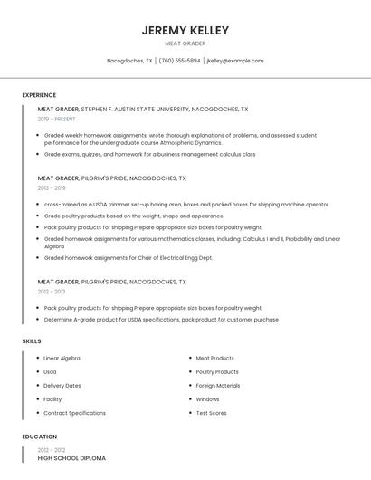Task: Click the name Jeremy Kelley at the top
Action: pos(185,30)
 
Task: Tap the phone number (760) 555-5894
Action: pos(179,61)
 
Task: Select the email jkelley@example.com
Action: pos(235,61)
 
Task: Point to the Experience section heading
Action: pos(39,95)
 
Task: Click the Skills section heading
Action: pos(32,341)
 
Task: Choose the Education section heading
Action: pos(40,437)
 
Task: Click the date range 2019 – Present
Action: pos(57,119)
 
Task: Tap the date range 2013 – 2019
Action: pos(52,188)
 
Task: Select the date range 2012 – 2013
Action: pos(52,292)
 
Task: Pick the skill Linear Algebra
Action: pos(62,358)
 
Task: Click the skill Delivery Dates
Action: pos(62,385)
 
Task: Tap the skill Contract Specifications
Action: pos(74,413)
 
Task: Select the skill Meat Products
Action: pos(214,358)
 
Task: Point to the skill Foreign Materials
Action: pos(218,385)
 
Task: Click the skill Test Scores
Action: pos(211,413)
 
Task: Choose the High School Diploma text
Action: pos(71,458)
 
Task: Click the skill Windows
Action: pos(207,398)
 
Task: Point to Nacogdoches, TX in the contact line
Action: pos(129,61)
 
